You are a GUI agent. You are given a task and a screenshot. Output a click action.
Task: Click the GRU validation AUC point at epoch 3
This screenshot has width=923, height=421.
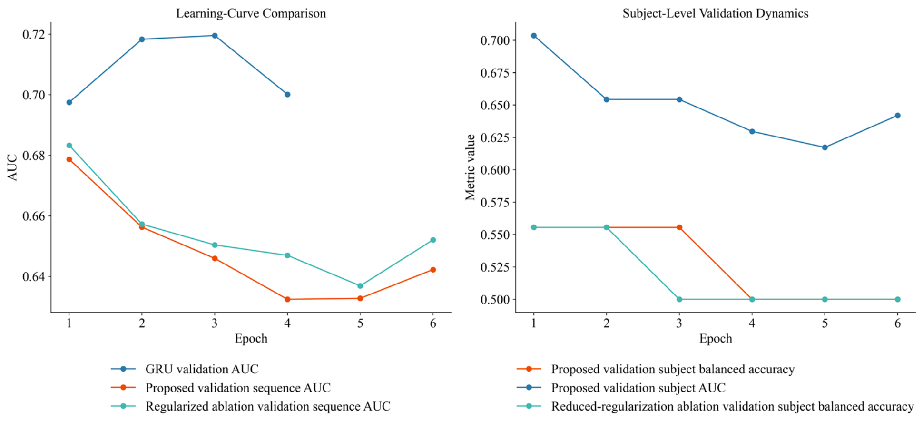pos(215,36)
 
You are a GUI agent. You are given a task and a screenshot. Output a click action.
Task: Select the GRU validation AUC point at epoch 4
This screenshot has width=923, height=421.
pos(287,95)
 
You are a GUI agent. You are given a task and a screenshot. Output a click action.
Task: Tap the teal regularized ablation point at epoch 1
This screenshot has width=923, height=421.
pos(69,146)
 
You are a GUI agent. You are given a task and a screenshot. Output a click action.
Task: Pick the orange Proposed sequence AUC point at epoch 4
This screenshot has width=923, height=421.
pos(287,299)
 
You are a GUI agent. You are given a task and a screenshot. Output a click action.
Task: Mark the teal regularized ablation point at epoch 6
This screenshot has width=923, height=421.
pos(433,240)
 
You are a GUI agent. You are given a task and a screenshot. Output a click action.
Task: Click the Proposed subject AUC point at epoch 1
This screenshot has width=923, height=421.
pos(534,36)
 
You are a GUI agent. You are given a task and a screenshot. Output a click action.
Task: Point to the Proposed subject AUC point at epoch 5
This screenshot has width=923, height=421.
pos(825,147)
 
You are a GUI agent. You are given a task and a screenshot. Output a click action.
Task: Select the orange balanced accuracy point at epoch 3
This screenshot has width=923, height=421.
pos(679,227)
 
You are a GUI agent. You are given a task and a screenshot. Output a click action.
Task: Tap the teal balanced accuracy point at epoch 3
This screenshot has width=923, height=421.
pos(679,299)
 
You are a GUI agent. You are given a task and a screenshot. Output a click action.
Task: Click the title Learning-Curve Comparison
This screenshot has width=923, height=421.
pos(251,13)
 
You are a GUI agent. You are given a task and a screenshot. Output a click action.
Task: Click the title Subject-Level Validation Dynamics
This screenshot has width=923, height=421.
pos(716,13)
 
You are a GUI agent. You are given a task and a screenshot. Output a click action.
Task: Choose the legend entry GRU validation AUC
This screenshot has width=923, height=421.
pos(185,369)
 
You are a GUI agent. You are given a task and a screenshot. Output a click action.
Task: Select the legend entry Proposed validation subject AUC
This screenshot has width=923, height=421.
pos(621,388)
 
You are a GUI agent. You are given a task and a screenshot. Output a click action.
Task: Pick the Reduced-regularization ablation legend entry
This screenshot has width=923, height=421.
pos(716,406)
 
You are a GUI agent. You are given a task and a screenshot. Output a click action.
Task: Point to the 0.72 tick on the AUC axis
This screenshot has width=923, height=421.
pos(34,35)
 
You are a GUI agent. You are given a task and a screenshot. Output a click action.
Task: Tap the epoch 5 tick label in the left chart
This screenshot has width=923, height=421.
pos(360,323)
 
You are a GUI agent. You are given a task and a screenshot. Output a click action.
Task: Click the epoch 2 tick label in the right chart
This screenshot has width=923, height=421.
pos(607,323)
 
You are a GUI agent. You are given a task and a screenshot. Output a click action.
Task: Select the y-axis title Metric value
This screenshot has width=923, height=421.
pos(471,167)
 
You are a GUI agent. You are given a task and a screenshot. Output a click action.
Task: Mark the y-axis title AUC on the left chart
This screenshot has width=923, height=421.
pos(13,167)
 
